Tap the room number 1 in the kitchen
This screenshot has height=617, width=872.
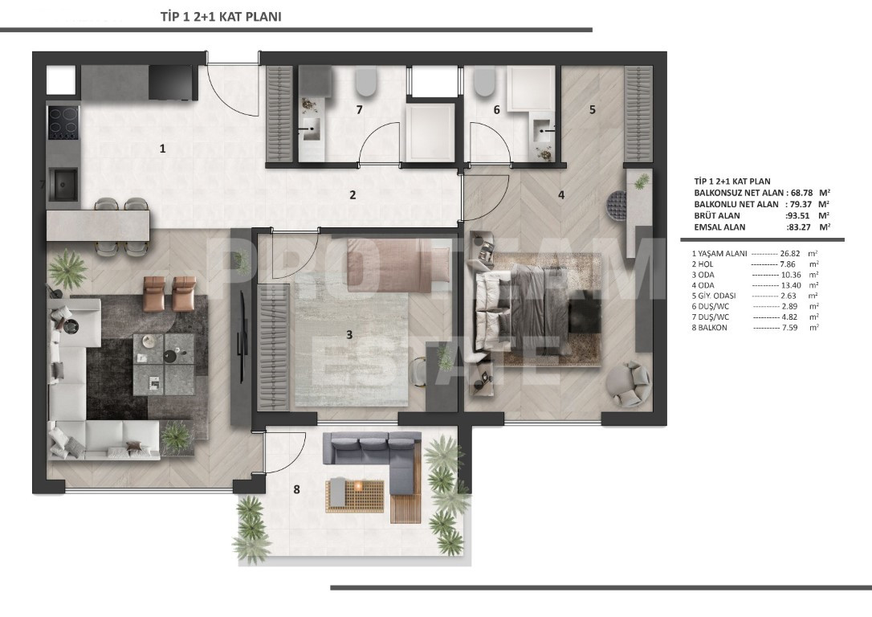pos(162,148)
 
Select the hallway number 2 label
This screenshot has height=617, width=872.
pos(352,194)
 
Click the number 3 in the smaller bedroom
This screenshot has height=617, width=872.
pos(348,334)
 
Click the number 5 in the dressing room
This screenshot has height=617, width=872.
pos(592,110)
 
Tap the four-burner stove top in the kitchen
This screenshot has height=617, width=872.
pos(63,123)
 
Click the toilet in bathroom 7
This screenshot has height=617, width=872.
pos(366,81)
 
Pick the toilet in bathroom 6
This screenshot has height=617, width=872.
pos(484,81)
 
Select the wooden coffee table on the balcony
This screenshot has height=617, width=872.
pos(355,493)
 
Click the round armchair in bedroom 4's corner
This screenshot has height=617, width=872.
pos(628,383)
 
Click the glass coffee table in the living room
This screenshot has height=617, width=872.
pos(163,361)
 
